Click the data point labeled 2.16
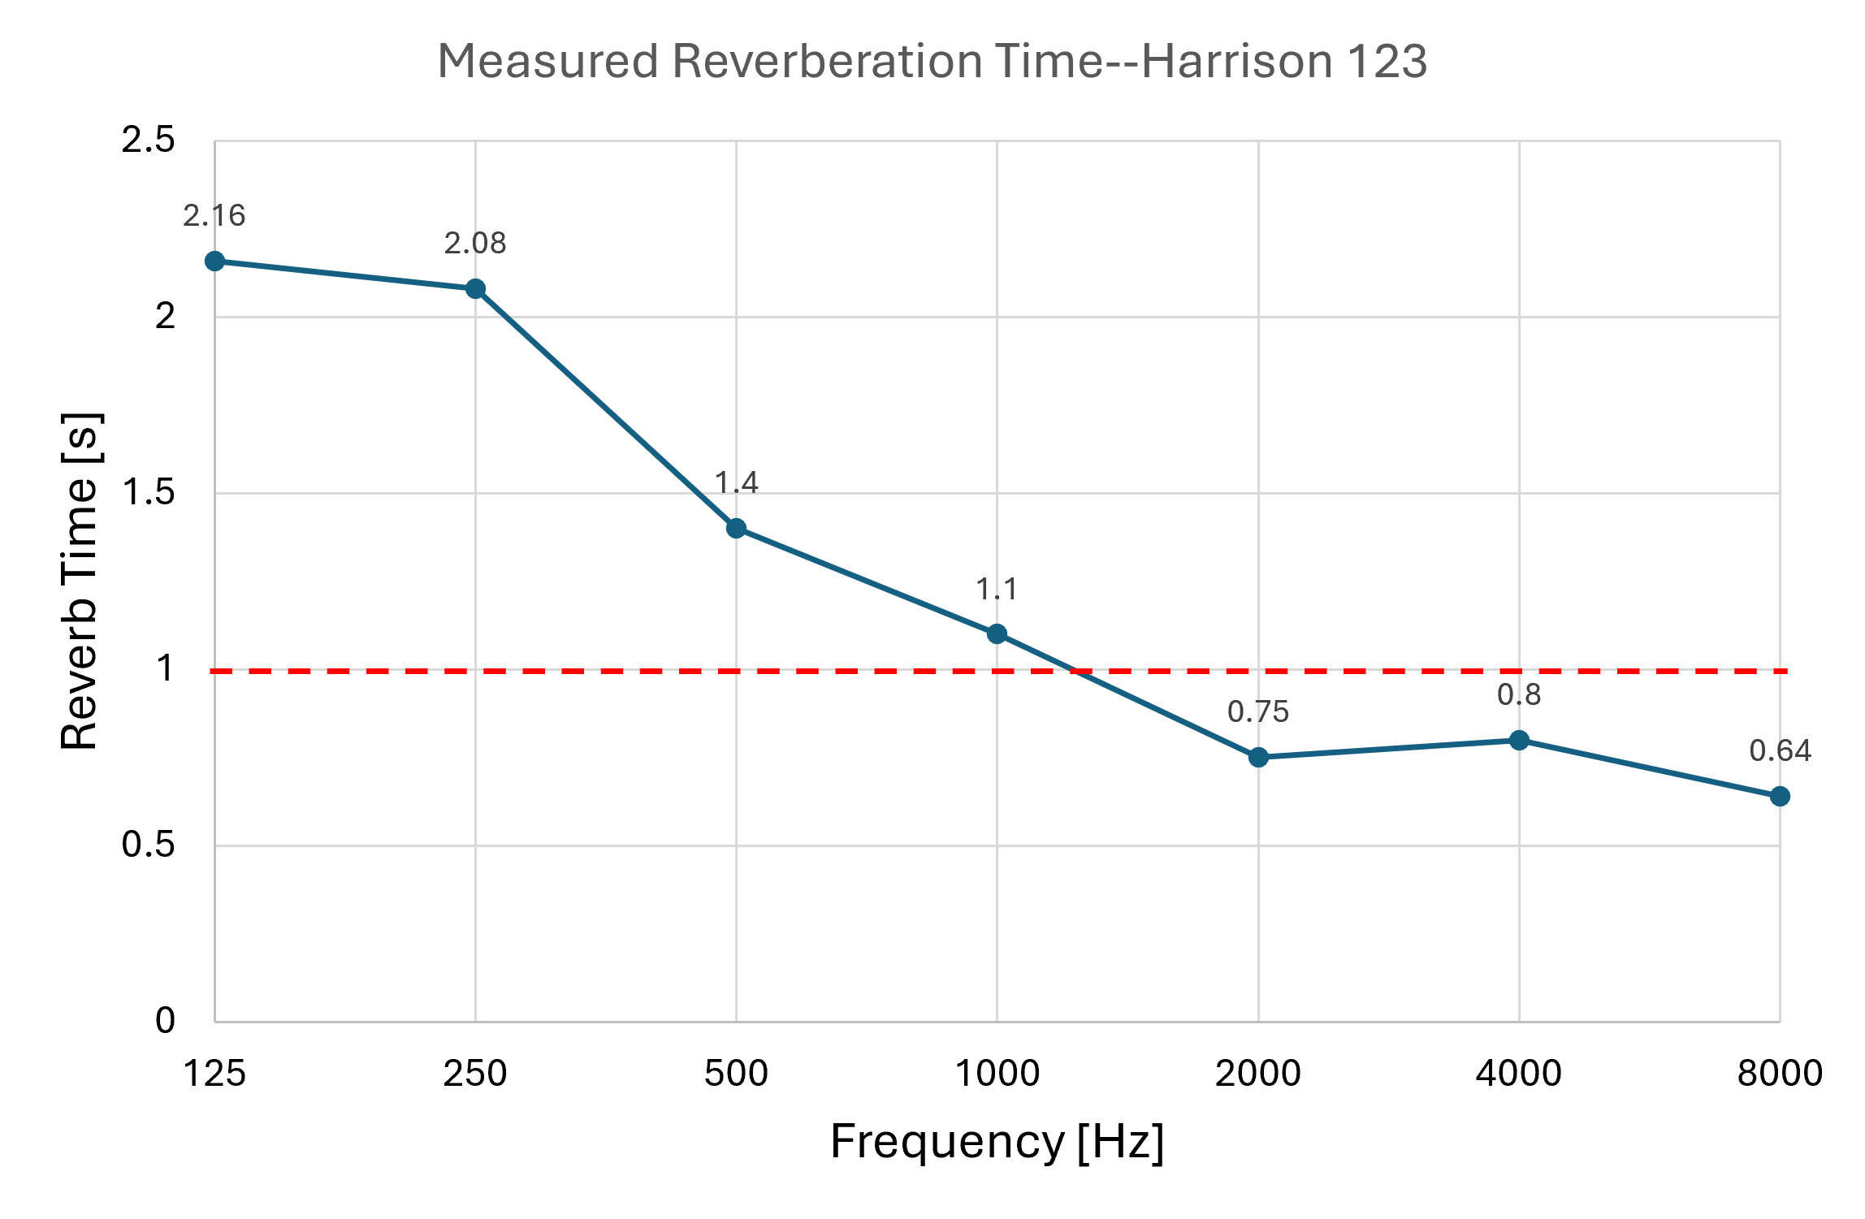point(214,261)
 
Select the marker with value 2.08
point(476,288)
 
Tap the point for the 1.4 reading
point(736,529)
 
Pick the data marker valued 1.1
point(997,633)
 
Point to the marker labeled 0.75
point(1258,758)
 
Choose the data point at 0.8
point(1519,740)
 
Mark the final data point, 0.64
point(1780,796)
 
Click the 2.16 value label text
point(214,216)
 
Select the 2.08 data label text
point(475,244)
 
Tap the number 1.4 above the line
point(737,483)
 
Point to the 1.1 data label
point(997,589)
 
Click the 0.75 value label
point(1258,712)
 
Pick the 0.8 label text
point(1519,695)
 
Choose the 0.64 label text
point(1780,751)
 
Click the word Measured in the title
point(547,62)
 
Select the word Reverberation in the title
point(827,62)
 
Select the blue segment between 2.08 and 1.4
point(606,408)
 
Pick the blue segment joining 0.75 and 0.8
point(1389,749)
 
